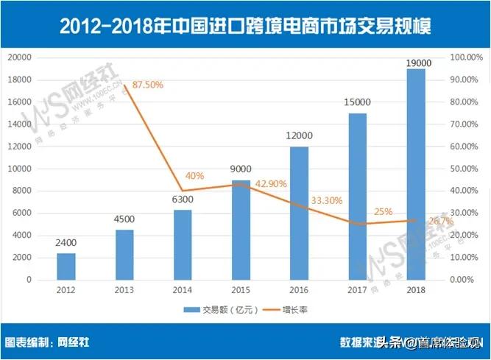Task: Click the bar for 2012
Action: coord(66,267)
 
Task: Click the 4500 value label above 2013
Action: coord(124,219)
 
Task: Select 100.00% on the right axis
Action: coord(465,57)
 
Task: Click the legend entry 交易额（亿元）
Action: coord(222,310)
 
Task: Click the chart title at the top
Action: coord(245,27)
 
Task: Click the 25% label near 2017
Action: coord(381,213)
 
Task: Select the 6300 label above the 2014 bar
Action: coord(183,199)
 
